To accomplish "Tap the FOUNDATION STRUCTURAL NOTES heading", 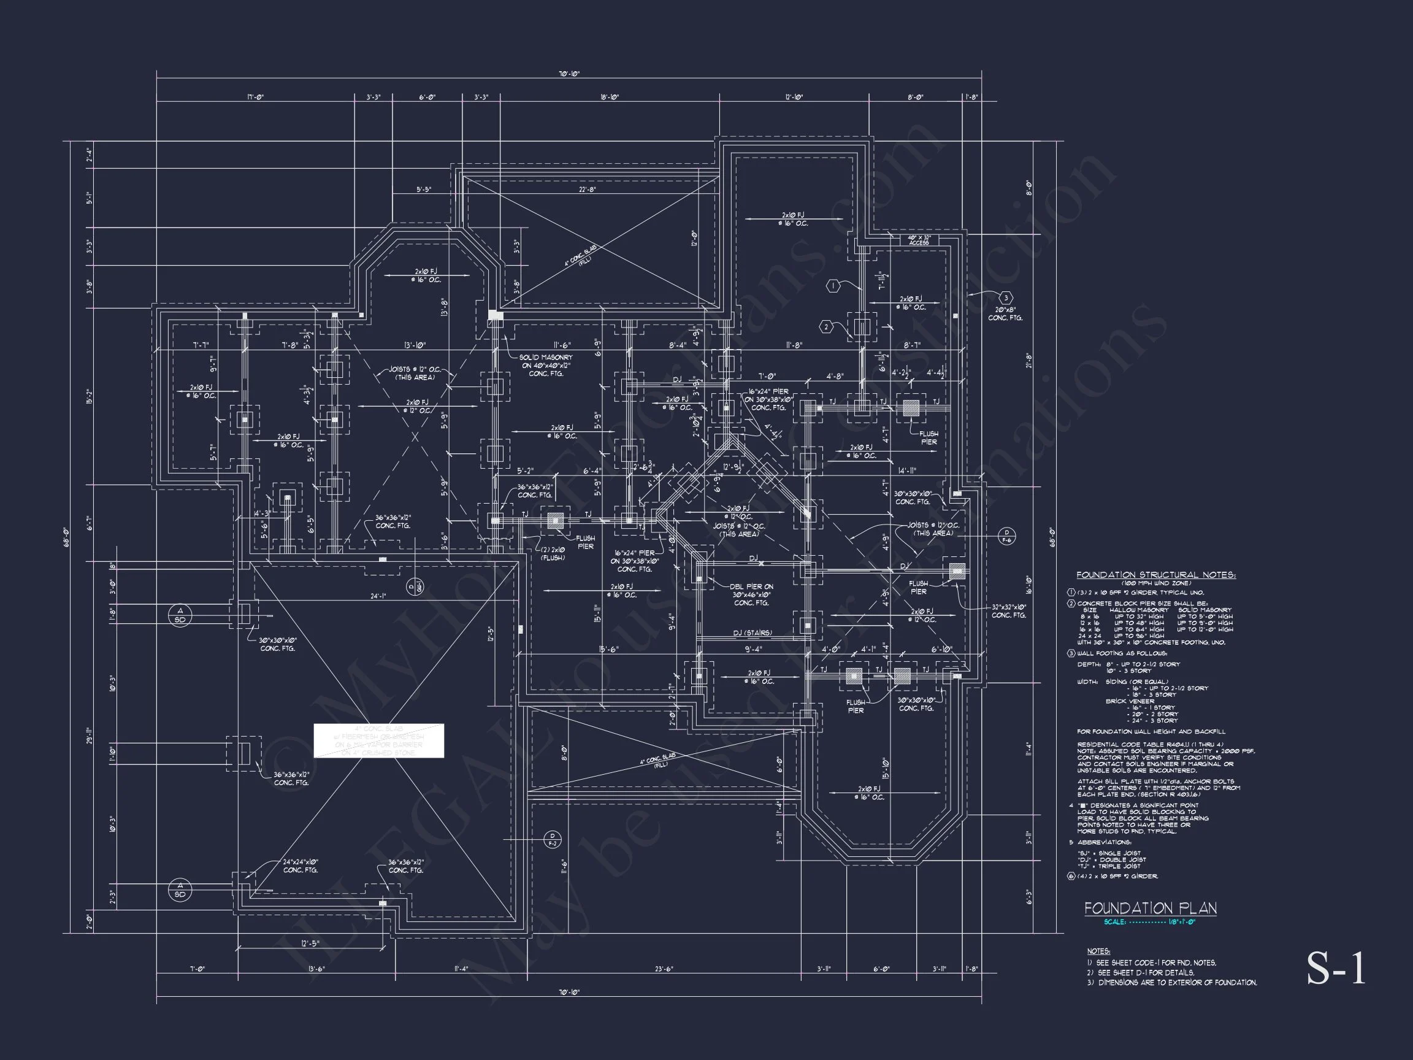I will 1155,575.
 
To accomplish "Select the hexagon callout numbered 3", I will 1005,298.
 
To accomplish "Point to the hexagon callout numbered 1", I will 832,286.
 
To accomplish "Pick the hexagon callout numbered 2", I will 826,327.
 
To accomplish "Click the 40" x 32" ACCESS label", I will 919,240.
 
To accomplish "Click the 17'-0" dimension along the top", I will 256,98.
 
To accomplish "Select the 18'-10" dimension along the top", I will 610,98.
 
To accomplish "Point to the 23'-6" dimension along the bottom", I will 664,969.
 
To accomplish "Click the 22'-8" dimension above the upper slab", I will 587,190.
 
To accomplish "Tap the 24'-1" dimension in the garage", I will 379,597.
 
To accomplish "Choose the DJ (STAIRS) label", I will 752,632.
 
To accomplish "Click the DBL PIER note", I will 751,594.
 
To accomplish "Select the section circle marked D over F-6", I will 1007,536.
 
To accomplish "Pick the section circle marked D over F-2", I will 553,839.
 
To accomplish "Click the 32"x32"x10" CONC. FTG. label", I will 1009,611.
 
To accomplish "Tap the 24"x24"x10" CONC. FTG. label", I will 301,866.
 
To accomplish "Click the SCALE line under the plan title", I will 1149,922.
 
